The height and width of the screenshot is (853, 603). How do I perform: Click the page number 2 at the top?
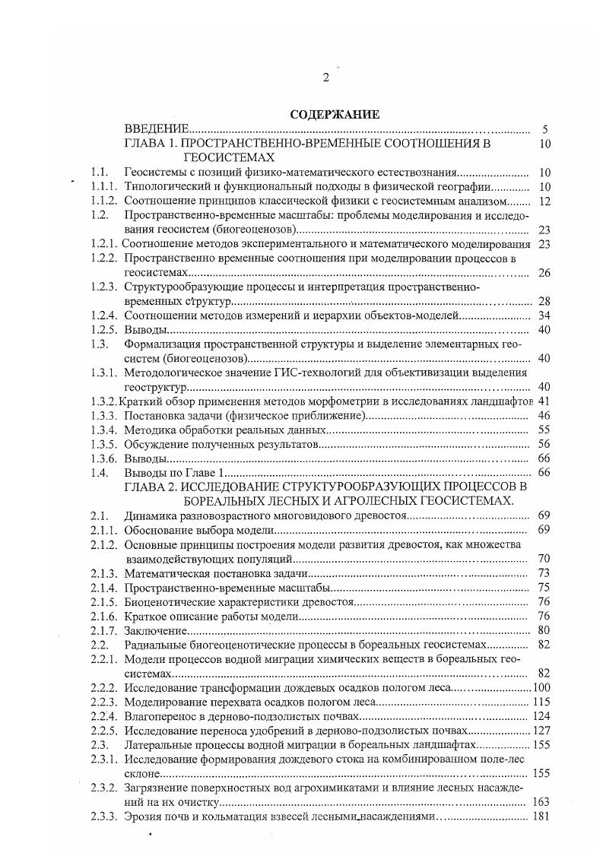[326, 78]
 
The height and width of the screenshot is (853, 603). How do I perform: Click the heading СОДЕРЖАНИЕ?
[334, 115]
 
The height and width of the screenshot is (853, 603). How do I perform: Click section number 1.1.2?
[103, 201]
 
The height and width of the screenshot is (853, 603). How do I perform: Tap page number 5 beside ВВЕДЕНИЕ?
[545, 129]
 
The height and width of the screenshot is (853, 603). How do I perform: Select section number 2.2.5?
[103, 731]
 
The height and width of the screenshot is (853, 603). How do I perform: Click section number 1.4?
[97, 473]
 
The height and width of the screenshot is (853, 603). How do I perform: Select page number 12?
[544, 201]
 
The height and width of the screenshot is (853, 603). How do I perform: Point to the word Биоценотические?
[170, 601]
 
